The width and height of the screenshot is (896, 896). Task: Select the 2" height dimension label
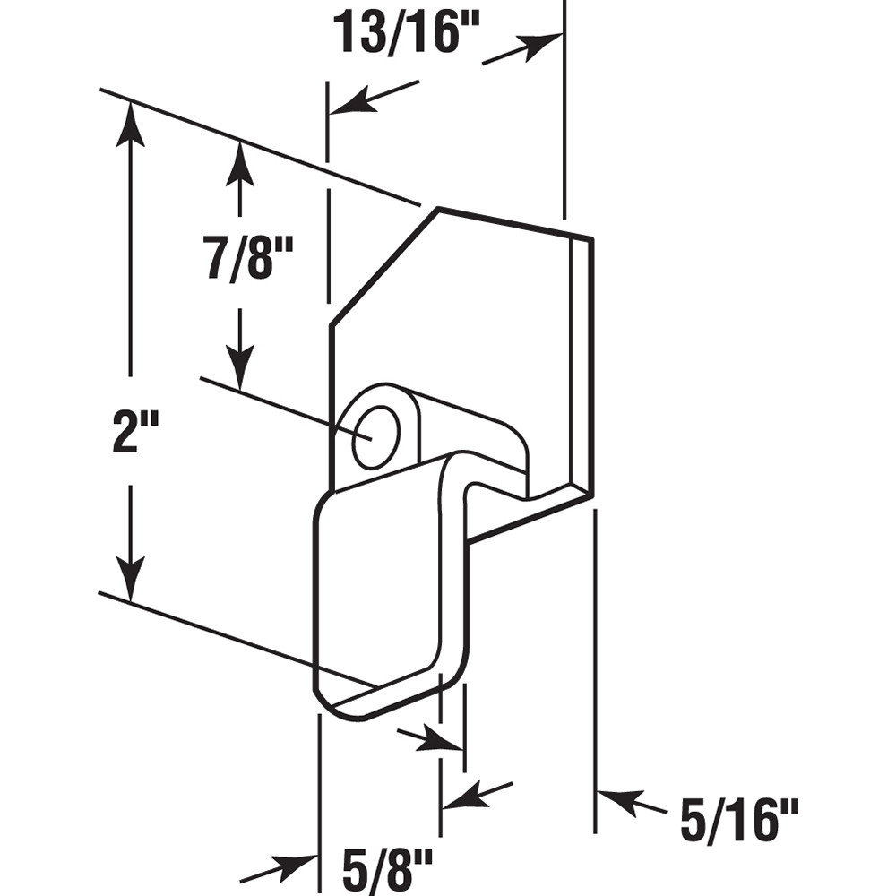point(131,430)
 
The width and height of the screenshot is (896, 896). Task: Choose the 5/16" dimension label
point(737,820)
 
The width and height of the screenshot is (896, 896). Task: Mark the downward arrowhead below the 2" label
point(131,582)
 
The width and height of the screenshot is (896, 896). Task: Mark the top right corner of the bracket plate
point(591,239)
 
